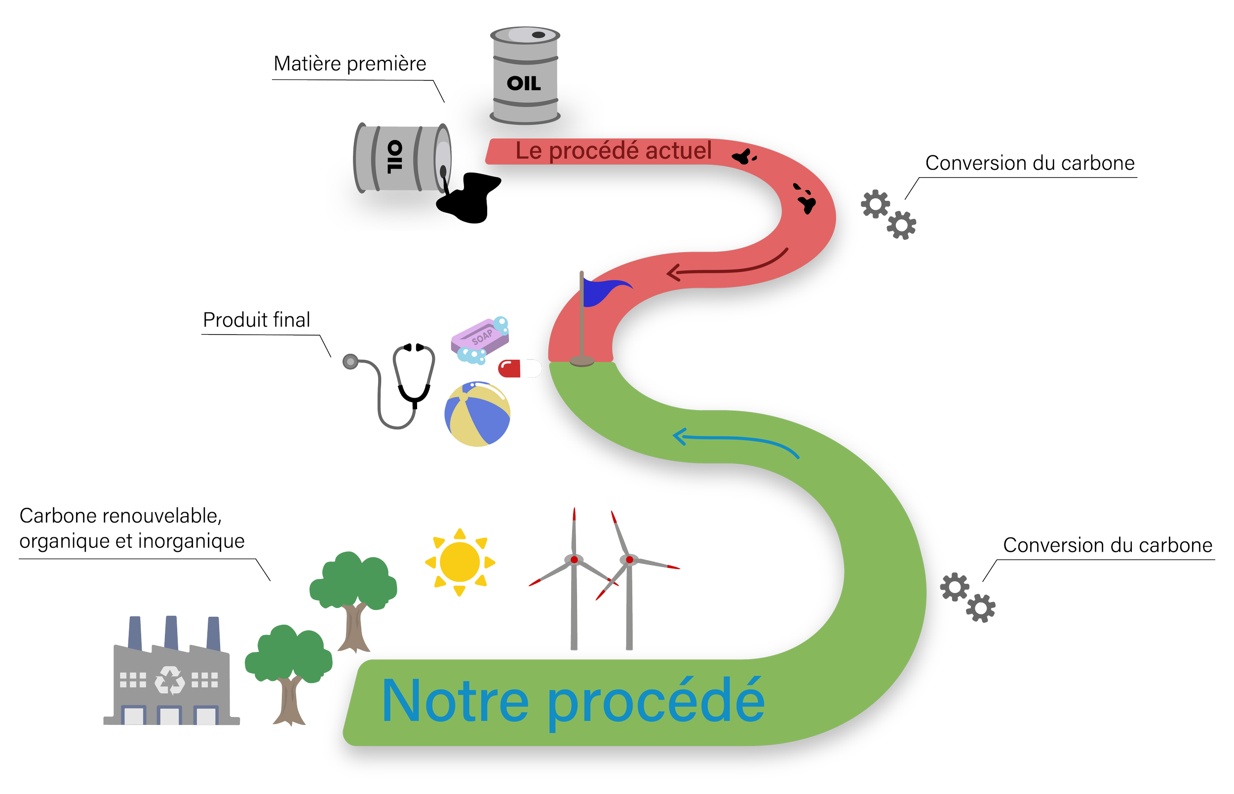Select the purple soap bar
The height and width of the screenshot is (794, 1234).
480,338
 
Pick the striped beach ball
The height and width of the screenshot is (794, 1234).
477,414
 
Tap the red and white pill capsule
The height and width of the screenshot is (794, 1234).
519,369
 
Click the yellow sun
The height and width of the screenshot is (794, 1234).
460,561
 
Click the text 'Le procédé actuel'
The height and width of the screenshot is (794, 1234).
613,151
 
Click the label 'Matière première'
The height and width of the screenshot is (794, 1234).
350,65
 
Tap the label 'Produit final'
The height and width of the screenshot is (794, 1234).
256,320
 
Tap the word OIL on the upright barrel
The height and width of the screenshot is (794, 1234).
523,83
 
